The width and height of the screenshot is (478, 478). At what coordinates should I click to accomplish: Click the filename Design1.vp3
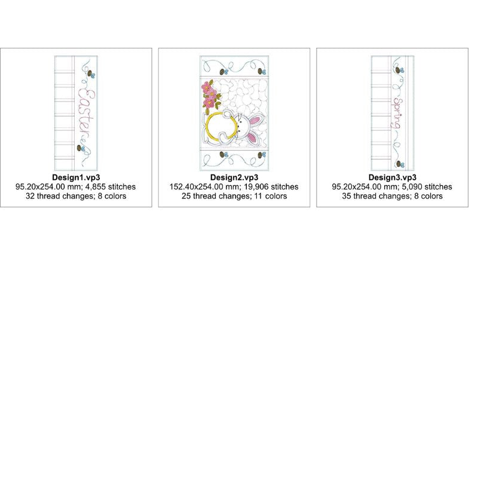[76, 177]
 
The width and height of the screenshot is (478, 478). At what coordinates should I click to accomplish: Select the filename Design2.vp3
[234, 177]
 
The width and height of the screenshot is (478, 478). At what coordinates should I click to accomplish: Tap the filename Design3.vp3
[393, 177]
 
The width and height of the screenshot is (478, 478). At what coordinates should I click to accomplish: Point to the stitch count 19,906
[256, 186]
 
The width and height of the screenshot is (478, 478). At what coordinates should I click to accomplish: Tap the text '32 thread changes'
[59, 196]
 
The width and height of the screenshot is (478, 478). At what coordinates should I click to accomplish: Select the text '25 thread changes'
[216, 196]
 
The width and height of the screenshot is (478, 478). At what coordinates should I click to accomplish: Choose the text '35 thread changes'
[376, 196]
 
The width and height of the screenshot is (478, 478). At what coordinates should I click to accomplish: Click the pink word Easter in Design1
[86, 115]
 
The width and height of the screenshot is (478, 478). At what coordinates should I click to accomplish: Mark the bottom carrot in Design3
[400, 164]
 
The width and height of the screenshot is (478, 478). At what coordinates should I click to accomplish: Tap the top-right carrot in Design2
[262, 71]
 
